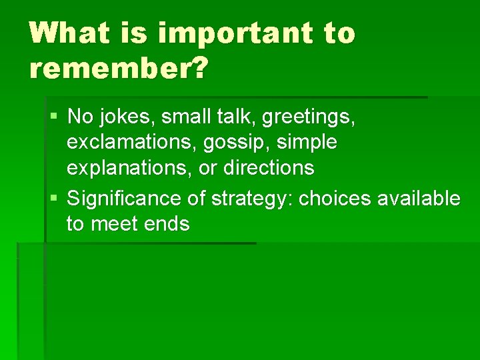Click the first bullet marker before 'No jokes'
click(x=53, y=118)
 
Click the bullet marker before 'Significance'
click(x=53, y=199)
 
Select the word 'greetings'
click(x=309, y=118)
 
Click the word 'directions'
click(x=269, y=167)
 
